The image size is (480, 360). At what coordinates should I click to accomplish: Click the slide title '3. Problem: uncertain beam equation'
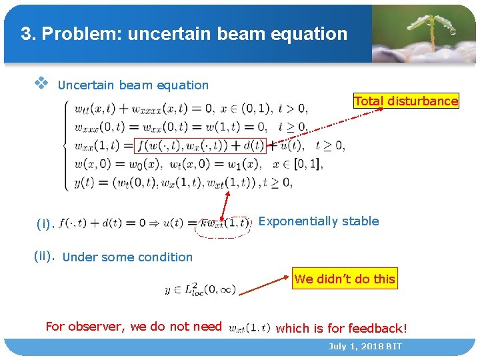(x=184, y=34)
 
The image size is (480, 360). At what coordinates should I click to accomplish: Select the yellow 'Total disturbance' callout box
(x=406, y=101)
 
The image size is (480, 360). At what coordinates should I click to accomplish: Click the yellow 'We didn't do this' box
(x=345, y=279)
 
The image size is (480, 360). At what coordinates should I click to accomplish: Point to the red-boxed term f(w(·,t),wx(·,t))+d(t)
(x=199, y=145)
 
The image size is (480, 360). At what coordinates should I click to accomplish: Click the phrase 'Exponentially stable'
(x=318, y=221)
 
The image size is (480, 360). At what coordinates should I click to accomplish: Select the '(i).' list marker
(x=45, y=224)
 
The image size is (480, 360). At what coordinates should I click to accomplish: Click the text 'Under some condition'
(x=127, y=257)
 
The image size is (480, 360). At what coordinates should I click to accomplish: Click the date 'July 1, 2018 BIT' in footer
(x=365, y=347)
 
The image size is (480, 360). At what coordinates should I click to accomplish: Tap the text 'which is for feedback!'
(x=341, y=328)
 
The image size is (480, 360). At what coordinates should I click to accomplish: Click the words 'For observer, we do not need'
(x=133, y=327)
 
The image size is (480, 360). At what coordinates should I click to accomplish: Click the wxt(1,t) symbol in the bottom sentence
(x=249, y=327)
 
